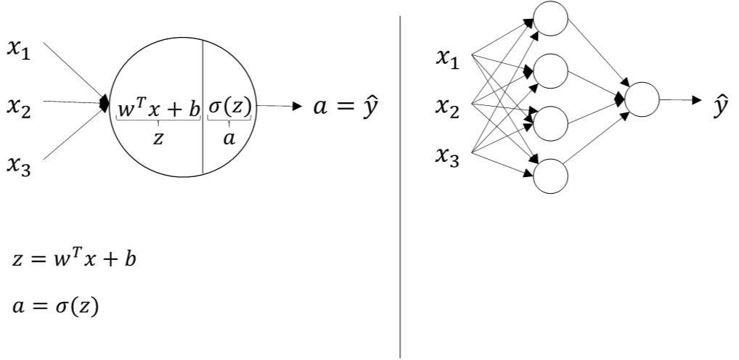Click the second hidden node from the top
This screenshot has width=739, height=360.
coord(551,70)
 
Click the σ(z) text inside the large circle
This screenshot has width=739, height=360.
coord(229,107)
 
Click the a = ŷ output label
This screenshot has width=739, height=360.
coord(344,107)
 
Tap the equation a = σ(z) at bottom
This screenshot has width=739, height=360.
coord(55,306)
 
